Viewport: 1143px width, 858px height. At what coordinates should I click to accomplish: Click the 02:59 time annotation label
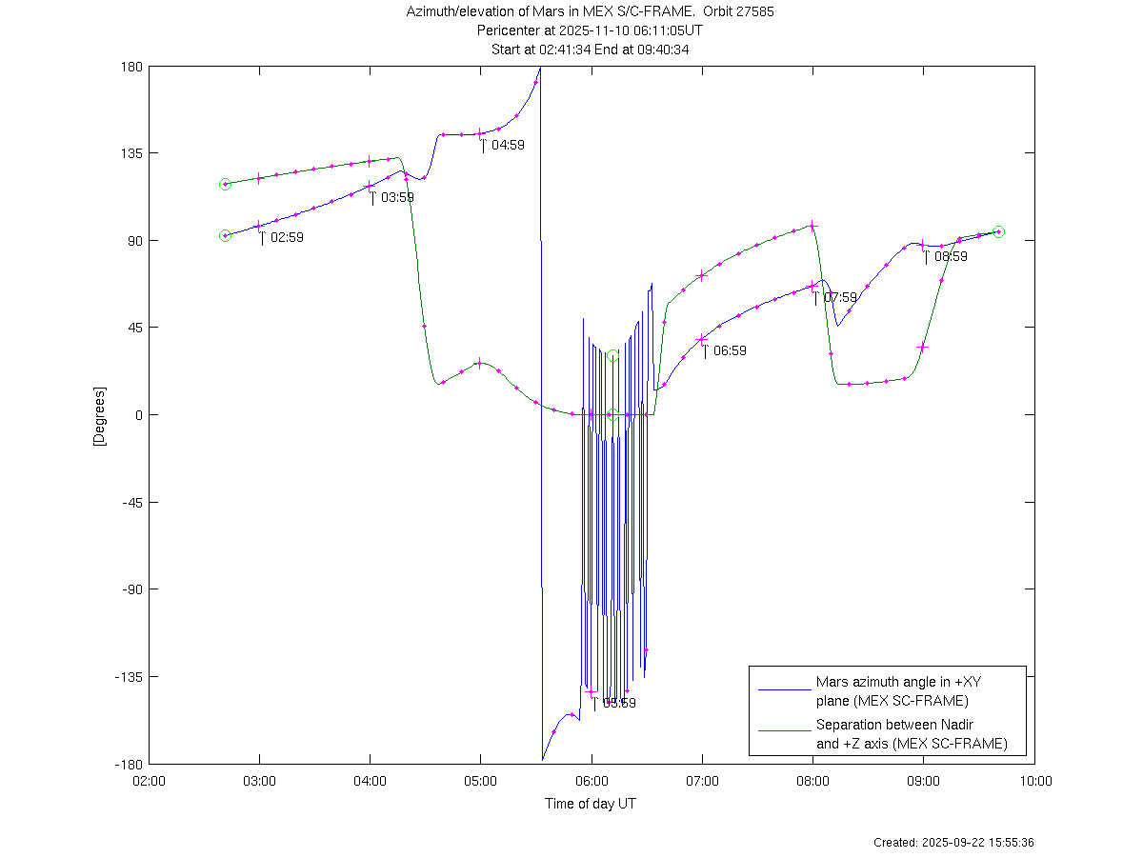coord(287,237)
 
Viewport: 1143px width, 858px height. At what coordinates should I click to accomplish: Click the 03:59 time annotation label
coord(397,197)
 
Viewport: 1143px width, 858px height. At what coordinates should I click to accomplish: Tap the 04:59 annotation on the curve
coord(508,145)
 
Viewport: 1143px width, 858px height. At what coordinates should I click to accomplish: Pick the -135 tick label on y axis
coord(130,676)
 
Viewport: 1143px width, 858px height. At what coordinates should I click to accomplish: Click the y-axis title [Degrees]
coord(98,415)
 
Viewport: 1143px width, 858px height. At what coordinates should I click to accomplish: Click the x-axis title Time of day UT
coord(591,804)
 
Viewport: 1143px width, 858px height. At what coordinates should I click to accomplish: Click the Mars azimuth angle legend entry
coord(897,691)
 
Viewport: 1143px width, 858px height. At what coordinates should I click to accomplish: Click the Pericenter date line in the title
coord(591,30)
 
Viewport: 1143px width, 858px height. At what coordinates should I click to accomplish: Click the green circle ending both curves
coord(998,231)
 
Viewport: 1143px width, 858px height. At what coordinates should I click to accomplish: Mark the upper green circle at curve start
coord(225,184)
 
